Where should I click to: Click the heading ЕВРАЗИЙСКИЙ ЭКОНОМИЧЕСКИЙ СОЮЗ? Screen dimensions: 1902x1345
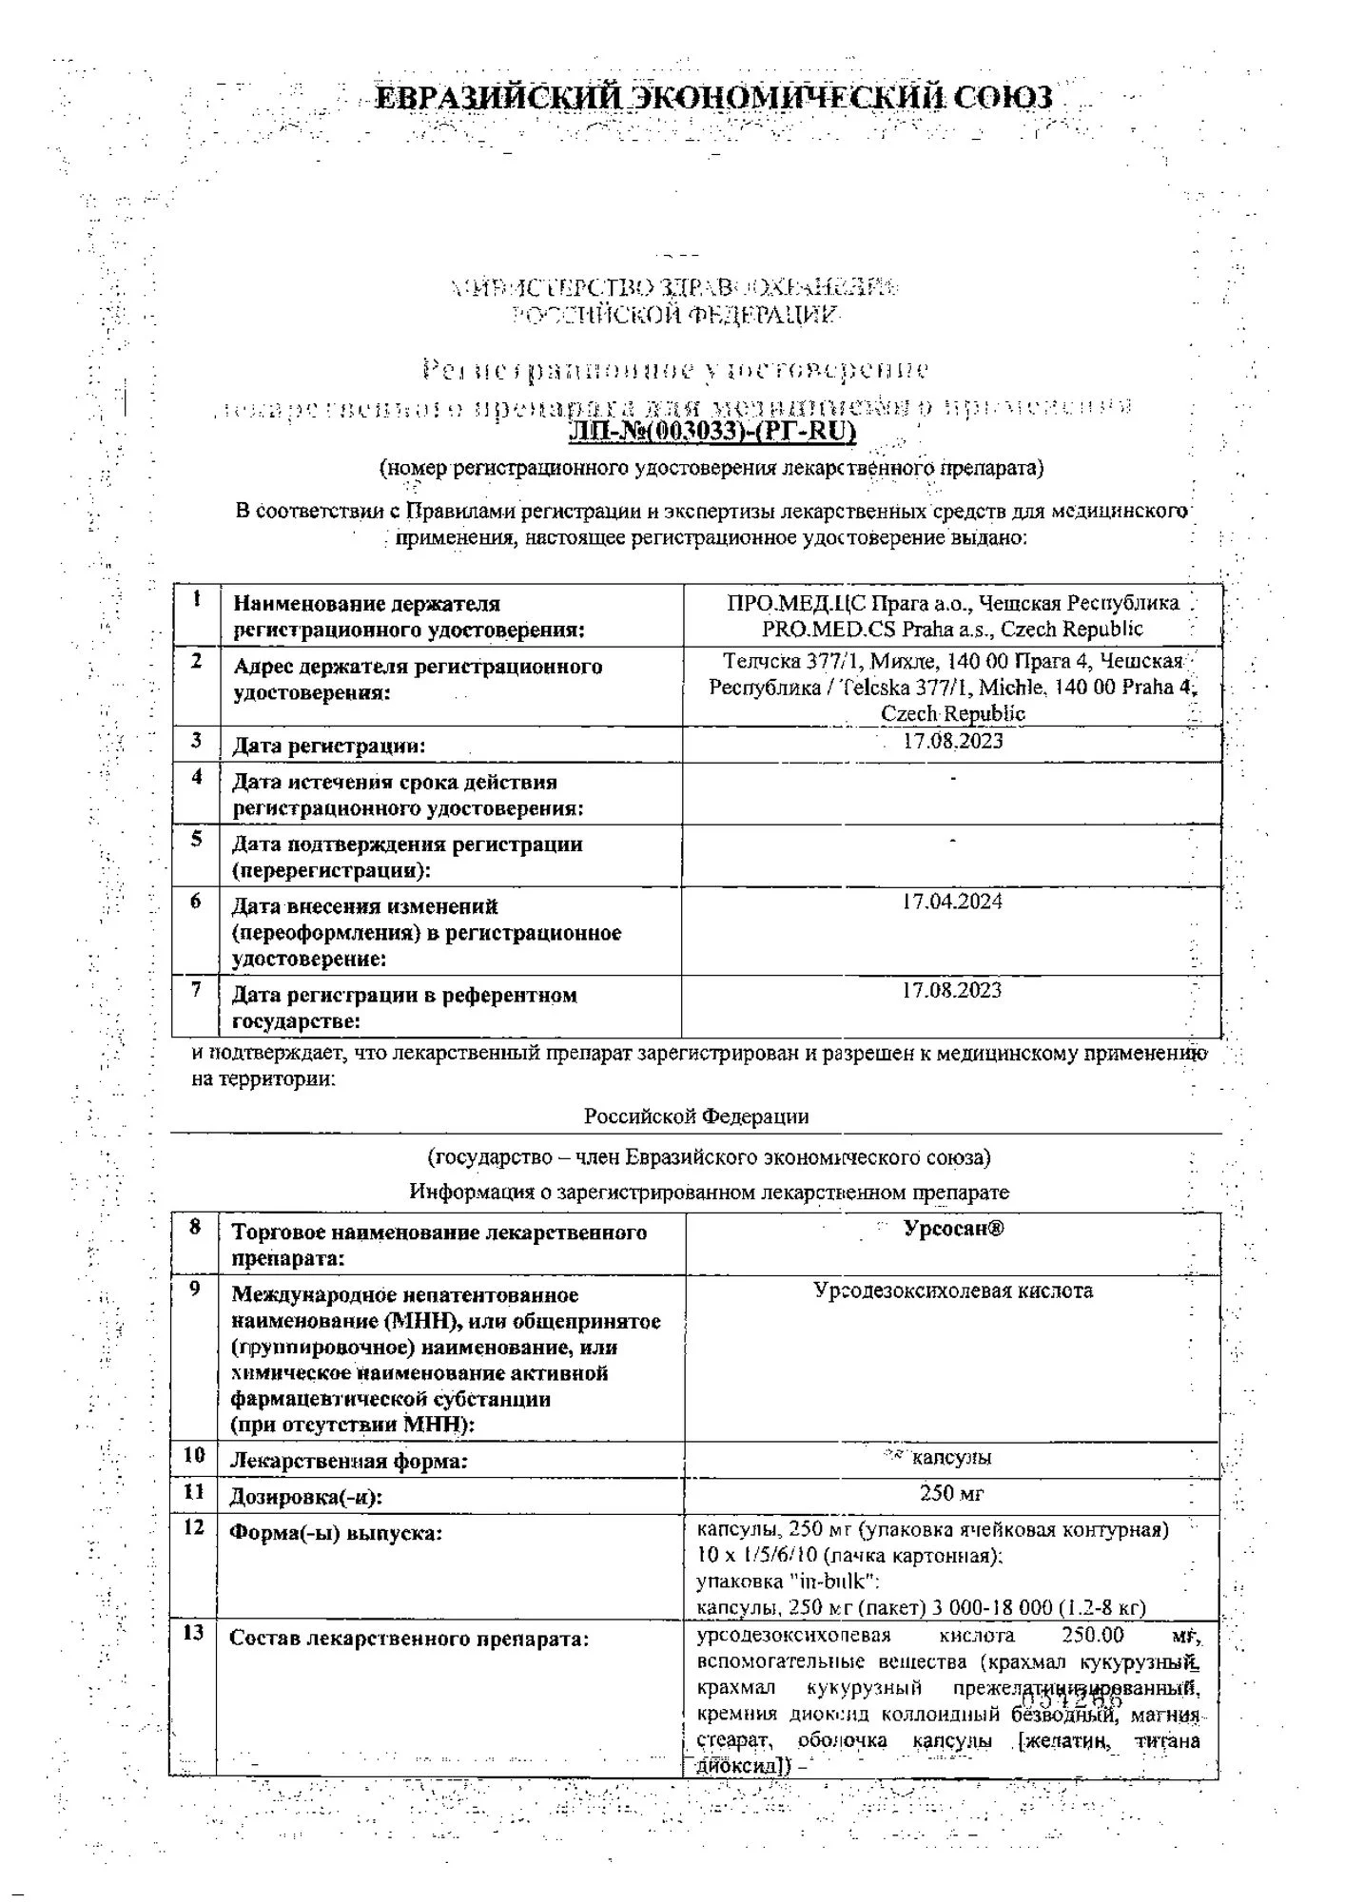[x=713, y=98]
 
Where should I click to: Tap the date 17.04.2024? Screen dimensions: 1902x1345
[x=952, y=902]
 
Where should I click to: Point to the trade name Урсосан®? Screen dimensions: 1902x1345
[x=953, y=1228]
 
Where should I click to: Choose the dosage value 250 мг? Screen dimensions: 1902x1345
[x=952, y=1493]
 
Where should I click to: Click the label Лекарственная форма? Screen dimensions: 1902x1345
[x=349, y=1461]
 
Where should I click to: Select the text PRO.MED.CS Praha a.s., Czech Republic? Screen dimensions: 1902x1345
[x=952, y=629]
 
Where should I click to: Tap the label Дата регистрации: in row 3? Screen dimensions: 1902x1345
[x=328, y=746]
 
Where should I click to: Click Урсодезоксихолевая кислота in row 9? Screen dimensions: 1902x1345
[x=953, y=1291]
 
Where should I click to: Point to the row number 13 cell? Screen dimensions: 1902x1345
[x=193, y=1634]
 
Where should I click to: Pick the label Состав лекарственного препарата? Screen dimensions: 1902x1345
[x=409, y=1639]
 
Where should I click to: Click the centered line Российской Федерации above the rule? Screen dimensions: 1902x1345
[x=696, y=1116]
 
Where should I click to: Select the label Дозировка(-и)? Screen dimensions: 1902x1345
[x=306, y=1497]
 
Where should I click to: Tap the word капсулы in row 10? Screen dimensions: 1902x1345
[x=951, y=1458]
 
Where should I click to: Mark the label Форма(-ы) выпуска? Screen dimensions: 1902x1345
[x=336, y=1533]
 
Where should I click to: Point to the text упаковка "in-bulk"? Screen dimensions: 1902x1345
[x=788, y=1582]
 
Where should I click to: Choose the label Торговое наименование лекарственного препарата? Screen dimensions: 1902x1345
[x=439, y=1245]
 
